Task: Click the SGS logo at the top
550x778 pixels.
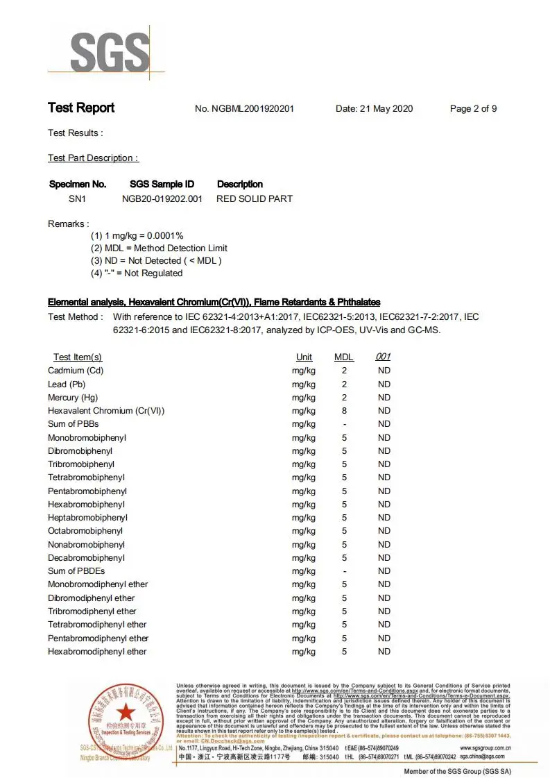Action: point(110,52)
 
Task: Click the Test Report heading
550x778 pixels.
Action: point(81,108)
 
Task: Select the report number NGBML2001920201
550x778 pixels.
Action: point(244,109)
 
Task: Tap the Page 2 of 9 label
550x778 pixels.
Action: point(473,109)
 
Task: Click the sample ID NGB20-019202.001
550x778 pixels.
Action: point(162,198)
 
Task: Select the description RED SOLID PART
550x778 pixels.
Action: point(255,198)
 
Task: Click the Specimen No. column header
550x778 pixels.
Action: point(78,185)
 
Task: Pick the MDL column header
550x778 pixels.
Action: point(344,357)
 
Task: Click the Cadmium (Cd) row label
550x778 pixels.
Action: point(76,371)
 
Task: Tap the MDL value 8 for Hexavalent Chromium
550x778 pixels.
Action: point(344,411)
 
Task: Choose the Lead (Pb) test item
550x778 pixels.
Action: point(67,384)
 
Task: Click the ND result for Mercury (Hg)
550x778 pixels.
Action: point(384,398)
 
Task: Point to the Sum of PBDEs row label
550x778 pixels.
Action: point(76,571)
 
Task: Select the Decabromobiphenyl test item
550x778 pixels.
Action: point(86,558)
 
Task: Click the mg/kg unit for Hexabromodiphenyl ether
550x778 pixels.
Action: point(304,652)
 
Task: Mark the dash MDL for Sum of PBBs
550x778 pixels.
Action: point(344,424)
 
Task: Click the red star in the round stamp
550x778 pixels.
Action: point(126,711)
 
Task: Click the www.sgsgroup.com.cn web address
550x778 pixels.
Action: point(485,747)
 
